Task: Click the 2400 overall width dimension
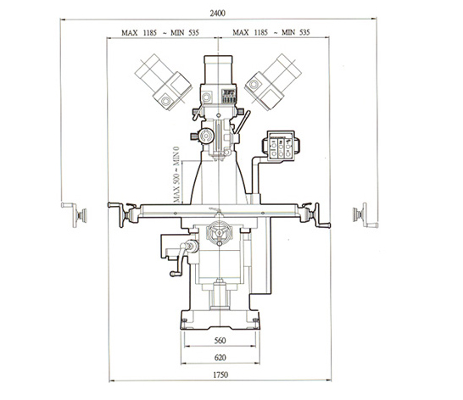[x=218, y=14]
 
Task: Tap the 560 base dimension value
[x=220, y=341]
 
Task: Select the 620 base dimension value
[x=220, y=358]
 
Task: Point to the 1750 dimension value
[x=220, y=375]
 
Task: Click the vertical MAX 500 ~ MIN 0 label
[x=176, y=175]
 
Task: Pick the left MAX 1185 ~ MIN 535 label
[x=160, y=32]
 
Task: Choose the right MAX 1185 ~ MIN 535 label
[x=271, y=32]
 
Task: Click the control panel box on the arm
[x=281, y=146]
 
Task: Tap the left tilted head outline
[x=163, y=82]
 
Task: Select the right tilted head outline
[x=273, y=82]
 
